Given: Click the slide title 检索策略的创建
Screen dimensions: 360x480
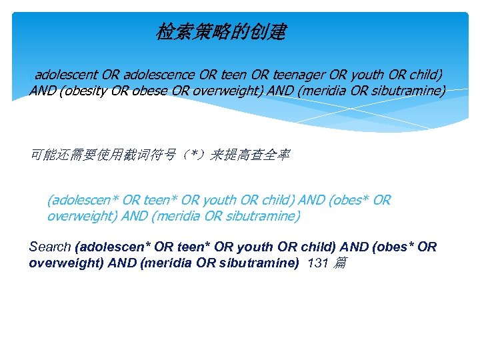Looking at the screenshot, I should tap(221, 31).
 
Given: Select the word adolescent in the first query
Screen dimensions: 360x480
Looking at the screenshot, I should tap(66, 75).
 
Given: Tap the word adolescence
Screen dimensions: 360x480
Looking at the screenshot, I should tap(159, 75).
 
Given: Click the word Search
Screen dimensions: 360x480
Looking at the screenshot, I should tap(50, 247).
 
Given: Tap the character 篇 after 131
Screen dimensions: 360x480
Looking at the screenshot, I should tap(340, 263).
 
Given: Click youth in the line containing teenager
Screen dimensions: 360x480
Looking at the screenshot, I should tap(347, 75).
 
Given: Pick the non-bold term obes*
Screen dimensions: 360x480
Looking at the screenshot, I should tap(347, 200).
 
